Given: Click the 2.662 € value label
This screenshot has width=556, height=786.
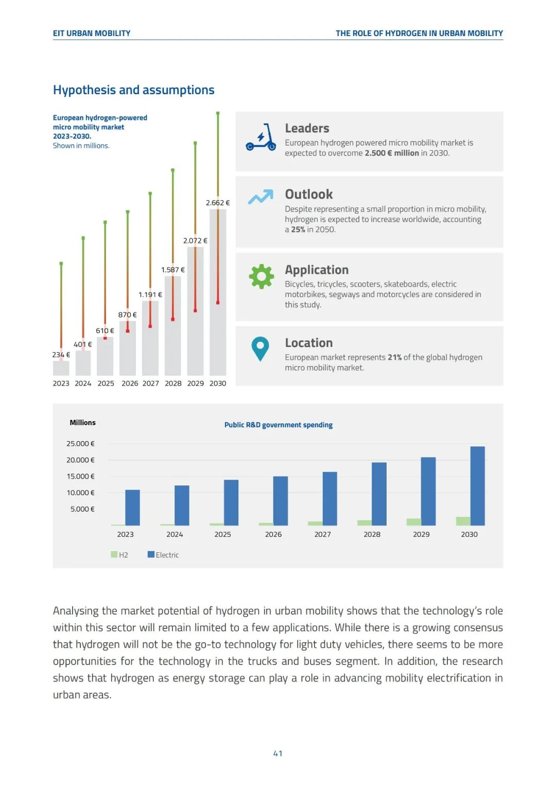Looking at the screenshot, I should click(x=217, y=203).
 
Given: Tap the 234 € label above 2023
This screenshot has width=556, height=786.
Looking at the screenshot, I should click(x=61, y=355).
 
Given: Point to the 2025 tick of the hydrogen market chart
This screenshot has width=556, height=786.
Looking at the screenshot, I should click(x=106, y=383).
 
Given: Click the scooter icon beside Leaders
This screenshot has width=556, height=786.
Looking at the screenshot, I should click(x=260, y=137).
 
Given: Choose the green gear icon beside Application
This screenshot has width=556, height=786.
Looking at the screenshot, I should click(x=261, y=276).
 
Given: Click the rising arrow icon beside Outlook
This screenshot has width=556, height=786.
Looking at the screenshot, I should click(x=260, y=197).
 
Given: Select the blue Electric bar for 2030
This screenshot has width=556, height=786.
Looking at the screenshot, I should click(x=477, y=486).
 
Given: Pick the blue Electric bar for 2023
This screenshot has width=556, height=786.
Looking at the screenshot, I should click(x=132, y=508).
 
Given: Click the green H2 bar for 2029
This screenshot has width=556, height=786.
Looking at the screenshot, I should click(x=413, y=522).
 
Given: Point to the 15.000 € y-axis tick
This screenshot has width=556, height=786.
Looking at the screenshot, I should click(x=80, y=477).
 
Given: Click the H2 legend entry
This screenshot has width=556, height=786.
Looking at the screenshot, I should click(x=119, y=555).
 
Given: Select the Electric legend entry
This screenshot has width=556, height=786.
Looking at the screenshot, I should click(x=163, y=555).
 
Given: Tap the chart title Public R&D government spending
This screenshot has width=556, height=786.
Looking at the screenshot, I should click(x=278, y=425).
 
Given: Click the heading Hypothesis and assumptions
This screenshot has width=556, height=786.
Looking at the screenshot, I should click(x=133, y=90).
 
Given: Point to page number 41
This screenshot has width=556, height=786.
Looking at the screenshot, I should click(x=277, y=754).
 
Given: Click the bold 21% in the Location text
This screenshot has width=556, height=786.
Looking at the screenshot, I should click(x=394, y=357).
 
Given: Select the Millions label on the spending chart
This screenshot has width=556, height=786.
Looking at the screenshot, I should click(x=82, y=423).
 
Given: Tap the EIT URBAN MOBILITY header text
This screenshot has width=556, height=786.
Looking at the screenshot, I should click(x=92, y=33).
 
